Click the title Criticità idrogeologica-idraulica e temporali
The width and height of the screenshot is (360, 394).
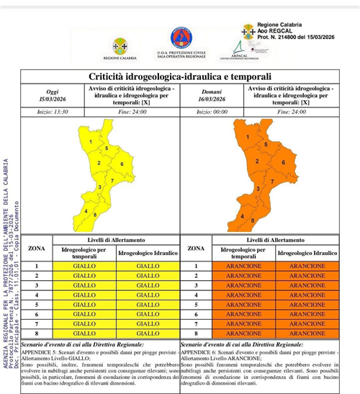[180, 76]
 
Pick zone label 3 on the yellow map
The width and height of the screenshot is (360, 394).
[99, 187]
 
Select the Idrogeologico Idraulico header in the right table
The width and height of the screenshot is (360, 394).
[307, 254]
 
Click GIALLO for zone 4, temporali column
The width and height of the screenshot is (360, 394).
[84, 295]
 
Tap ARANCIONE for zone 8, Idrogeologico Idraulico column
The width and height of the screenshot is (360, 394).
[307, 333]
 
